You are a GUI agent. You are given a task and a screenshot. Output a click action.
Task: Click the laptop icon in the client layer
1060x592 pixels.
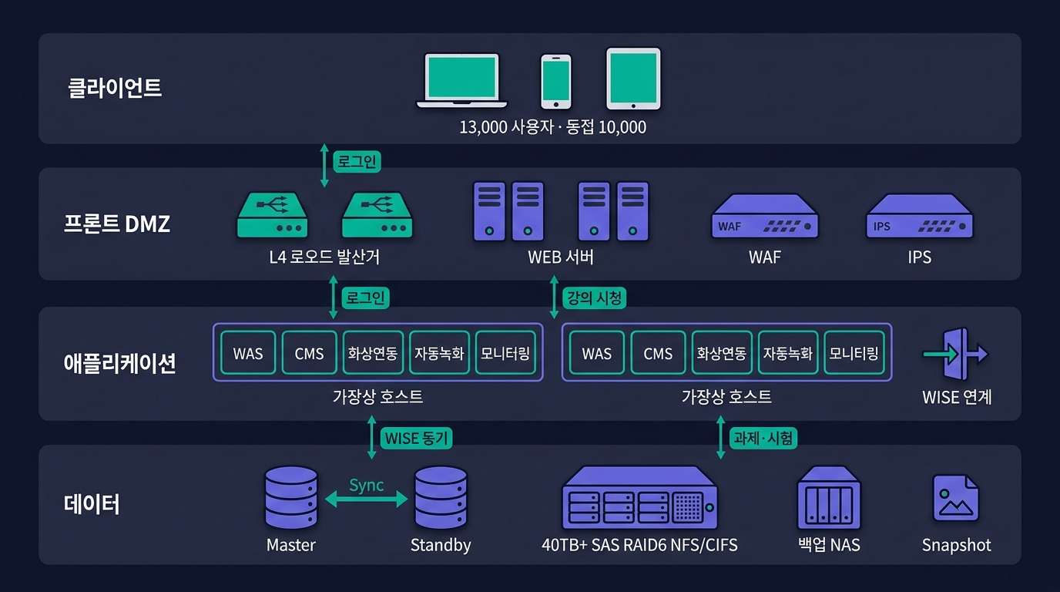tap(462, 80)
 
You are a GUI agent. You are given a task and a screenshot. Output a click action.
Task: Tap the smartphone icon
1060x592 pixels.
tap(556, 82)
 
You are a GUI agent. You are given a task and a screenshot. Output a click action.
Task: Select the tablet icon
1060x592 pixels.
tap(634, 79)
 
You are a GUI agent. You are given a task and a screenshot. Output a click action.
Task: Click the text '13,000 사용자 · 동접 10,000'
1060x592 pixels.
tap(552, 127)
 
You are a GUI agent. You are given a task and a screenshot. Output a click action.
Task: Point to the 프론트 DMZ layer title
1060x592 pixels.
tap(117, 224)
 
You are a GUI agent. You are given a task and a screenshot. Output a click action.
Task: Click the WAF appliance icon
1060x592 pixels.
tap(765, 216)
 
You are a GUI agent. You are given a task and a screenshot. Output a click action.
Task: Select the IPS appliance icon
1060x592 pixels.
tap(920, 216)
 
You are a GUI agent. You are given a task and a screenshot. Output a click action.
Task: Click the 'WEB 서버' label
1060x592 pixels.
tap(561, 257)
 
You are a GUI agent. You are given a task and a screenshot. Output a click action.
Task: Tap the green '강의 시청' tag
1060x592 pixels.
tap(595, 298)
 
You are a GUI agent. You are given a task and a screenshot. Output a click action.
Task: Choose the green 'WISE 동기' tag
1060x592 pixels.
tap(417, 438)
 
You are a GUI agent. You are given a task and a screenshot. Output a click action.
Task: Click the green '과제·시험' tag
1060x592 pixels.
tap(763, 438)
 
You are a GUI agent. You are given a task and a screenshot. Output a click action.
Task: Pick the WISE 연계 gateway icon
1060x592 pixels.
tap(956, 354)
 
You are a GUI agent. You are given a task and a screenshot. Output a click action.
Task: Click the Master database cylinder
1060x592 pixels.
tap(291, 497)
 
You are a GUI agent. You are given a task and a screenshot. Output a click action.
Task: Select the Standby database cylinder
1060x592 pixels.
tap(441, 497)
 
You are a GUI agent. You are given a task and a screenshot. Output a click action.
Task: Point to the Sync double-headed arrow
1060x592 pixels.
tap(366, 499)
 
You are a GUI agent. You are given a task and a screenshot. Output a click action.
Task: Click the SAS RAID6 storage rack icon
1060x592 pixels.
tap(640, 497)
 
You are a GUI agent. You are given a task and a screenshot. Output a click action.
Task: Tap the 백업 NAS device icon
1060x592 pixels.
tap(829, 497)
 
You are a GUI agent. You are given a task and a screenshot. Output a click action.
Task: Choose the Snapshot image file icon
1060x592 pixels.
tap(956, 498)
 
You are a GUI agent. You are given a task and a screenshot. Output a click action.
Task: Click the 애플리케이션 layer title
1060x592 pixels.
tap(119, 363)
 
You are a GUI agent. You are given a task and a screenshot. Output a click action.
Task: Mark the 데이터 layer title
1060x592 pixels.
tap(92, 504)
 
